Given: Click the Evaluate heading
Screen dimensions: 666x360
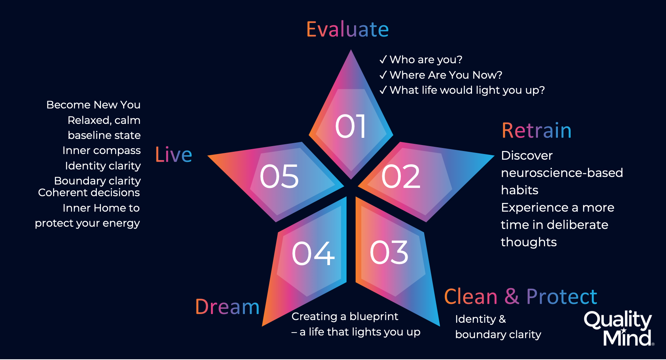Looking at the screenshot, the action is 347,29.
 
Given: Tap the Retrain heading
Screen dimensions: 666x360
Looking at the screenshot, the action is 536,131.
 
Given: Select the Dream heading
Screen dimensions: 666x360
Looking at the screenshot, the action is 228,307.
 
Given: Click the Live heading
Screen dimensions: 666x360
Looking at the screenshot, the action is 174,154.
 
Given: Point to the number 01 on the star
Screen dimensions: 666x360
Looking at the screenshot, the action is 350,126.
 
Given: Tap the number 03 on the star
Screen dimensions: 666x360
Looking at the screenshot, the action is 389,252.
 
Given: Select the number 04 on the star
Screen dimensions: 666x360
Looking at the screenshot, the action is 313,253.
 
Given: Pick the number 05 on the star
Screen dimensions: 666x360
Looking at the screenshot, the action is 279,176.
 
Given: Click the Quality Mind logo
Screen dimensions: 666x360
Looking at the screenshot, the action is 619,328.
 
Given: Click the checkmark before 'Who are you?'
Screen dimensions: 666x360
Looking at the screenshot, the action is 383,59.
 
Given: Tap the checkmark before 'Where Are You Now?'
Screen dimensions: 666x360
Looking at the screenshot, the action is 383,75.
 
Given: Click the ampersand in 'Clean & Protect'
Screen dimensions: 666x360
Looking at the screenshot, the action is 512,296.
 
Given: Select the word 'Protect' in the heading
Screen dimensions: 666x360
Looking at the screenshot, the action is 562,296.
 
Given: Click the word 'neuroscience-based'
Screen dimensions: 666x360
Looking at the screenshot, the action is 562,172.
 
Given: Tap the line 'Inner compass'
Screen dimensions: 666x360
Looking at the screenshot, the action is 102,151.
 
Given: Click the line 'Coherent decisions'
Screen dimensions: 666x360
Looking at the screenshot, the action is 89,192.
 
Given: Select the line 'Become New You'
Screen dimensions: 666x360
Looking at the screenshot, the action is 93,105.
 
